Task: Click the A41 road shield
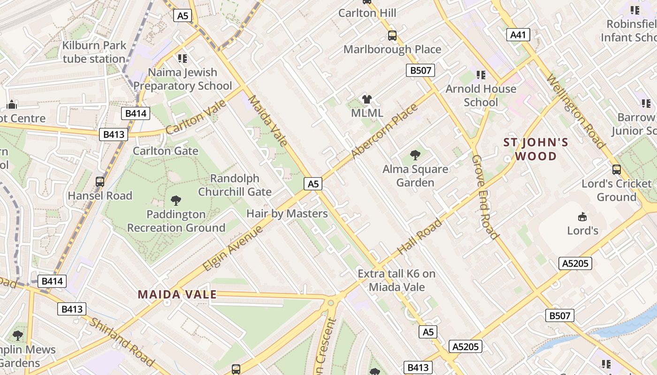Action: (518, 34)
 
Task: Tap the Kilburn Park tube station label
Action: (94, 52)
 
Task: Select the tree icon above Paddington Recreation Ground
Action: (176, 201)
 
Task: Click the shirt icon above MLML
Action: (367, 99)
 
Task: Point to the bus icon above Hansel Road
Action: (99, 181)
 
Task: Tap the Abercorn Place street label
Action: (383, 132)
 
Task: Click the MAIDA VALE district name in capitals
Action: (177, 294)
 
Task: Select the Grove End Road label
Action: (484, 196)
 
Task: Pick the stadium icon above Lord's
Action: (582, 217)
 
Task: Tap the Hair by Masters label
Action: (287, 214)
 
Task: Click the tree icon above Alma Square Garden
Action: (415, 155)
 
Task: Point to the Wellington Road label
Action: (575, 112)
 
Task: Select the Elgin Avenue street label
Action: (233, 249)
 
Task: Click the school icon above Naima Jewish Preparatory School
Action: (182, 59)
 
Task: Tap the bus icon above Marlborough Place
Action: (392, 35)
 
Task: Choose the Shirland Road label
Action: (122, 342)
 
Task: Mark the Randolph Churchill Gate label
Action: (235, 185)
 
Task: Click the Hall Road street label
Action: (420, 237)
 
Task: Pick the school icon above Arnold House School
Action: (481, 75)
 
